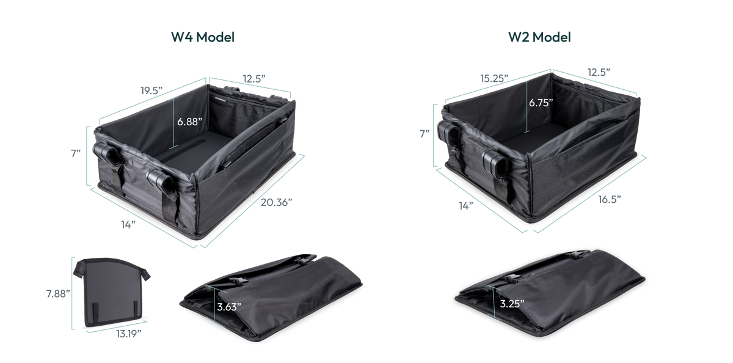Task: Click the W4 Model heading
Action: coord(203,37)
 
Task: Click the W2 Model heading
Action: coord(539,37)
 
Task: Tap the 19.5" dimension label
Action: coord(151,90)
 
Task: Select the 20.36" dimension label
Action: coord(276,202)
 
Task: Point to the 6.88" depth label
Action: coord(190,122)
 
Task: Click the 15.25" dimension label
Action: coord(494,79)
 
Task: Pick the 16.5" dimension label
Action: coord(610,199)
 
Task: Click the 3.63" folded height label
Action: coord(229,307)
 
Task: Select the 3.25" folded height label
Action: coord(512,304)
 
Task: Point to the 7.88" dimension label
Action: coord(58,293)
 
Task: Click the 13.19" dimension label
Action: coord(129,334)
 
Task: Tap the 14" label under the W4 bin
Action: coord(128,224)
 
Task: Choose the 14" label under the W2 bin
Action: coord(466,205)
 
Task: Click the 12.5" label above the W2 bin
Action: coord(599,72)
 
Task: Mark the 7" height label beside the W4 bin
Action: coord(76,153)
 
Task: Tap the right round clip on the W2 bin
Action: coord(498,162)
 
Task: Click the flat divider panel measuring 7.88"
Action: coord(112,292)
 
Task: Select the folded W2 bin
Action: coord(550,292)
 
